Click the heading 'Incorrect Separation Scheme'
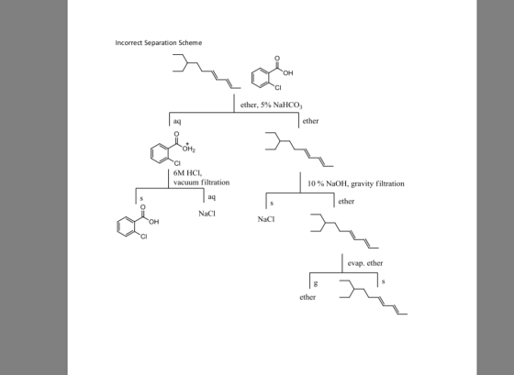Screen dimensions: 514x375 click(158, 42)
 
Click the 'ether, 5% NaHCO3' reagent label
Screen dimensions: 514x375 click(271, 105)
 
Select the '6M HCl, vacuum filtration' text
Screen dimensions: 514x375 click(201, 178)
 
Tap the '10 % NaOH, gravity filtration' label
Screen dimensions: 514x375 click(356, 183)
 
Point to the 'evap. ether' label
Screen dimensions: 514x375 click(365, 263)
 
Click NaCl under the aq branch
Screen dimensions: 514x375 click(207, 214)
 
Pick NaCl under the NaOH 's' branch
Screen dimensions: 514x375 click(266, 219)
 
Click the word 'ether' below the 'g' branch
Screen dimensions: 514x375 click(307, 297)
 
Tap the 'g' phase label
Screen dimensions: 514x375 click(316, 283)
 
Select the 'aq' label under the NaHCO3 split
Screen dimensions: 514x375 click(177, 122)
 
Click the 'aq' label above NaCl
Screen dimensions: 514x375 click(211, 197)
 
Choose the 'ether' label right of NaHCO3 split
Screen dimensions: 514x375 click(310, 121)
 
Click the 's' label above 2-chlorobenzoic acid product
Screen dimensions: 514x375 click(141, 198)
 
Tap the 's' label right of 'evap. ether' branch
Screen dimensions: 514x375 click(383, 281)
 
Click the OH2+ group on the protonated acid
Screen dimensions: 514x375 click(189, 149)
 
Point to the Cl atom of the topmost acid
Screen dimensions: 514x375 click(278, 88)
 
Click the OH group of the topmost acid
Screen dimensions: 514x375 click(288, 73)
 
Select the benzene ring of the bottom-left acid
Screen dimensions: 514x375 click(126, 226)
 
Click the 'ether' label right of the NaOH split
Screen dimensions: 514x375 click(346, 202)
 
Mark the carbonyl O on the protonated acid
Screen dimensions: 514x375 click(176, 134)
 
